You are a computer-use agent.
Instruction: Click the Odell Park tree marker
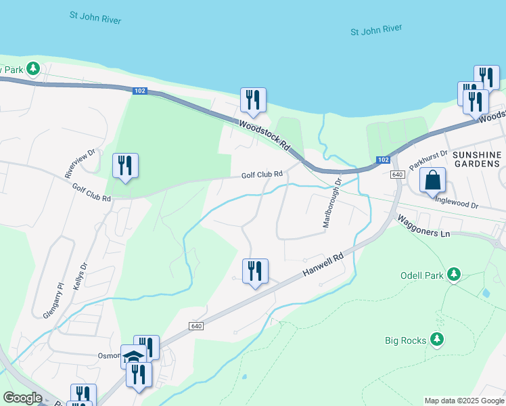pyautogui.click(x=455, y=274)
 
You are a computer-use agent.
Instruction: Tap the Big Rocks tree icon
pyautogui.click(x=438, y=339)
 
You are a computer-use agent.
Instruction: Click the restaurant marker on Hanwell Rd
pyautogui.click(x=255, y=272)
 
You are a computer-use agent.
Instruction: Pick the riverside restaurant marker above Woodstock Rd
pyautogui.click(x=253, y=101)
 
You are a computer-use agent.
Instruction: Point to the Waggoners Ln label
pyautogui.click(x=423, y=226)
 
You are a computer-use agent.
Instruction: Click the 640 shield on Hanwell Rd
pyautogui.click(x=196, y=326)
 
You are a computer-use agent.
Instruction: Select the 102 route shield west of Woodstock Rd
pyautogui.click(x=140, y=91)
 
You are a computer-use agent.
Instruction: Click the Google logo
pyautogui.click(x=22, y=398)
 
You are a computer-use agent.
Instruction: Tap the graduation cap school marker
pyautogui.click(x=133, y=357)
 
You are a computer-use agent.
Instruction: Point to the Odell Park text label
pyautogui.click(x=421, y=275)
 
